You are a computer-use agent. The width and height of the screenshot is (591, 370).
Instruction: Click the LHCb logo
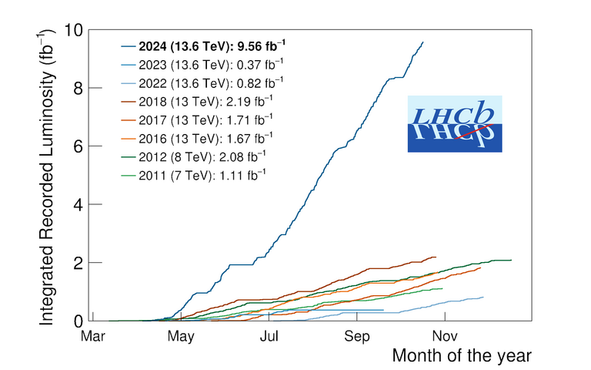point(454,123)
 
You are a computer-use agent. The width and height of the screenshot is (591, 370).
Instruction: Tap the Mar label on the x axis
point(93,337)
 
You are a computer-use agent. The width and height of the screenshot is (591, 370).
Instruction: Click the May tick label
point(181,337)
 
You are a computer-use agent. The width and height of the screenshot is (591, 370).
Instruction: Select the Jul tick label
point(269,337)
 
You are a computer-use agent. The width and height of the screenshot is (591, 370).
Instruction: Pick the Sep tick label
point(357,337)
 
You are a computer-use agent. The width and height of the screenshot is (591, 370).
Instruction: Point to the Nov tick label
point(444,337)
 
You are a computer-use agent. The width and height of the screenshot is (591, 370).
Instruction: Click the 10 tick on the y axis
point(73,31)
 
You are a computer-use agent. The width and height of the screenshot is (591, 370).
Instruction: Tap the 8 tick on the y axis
point(78,89)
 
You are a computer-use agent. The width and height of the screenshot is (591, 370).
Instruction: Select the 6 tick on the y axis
point(78,146)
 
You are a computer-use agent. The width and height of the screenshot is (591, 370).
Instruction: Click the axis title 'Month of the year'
point(461,356)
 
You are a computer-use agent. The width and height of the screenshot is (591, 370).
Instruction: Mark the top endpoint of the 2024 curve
point(422,42)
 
